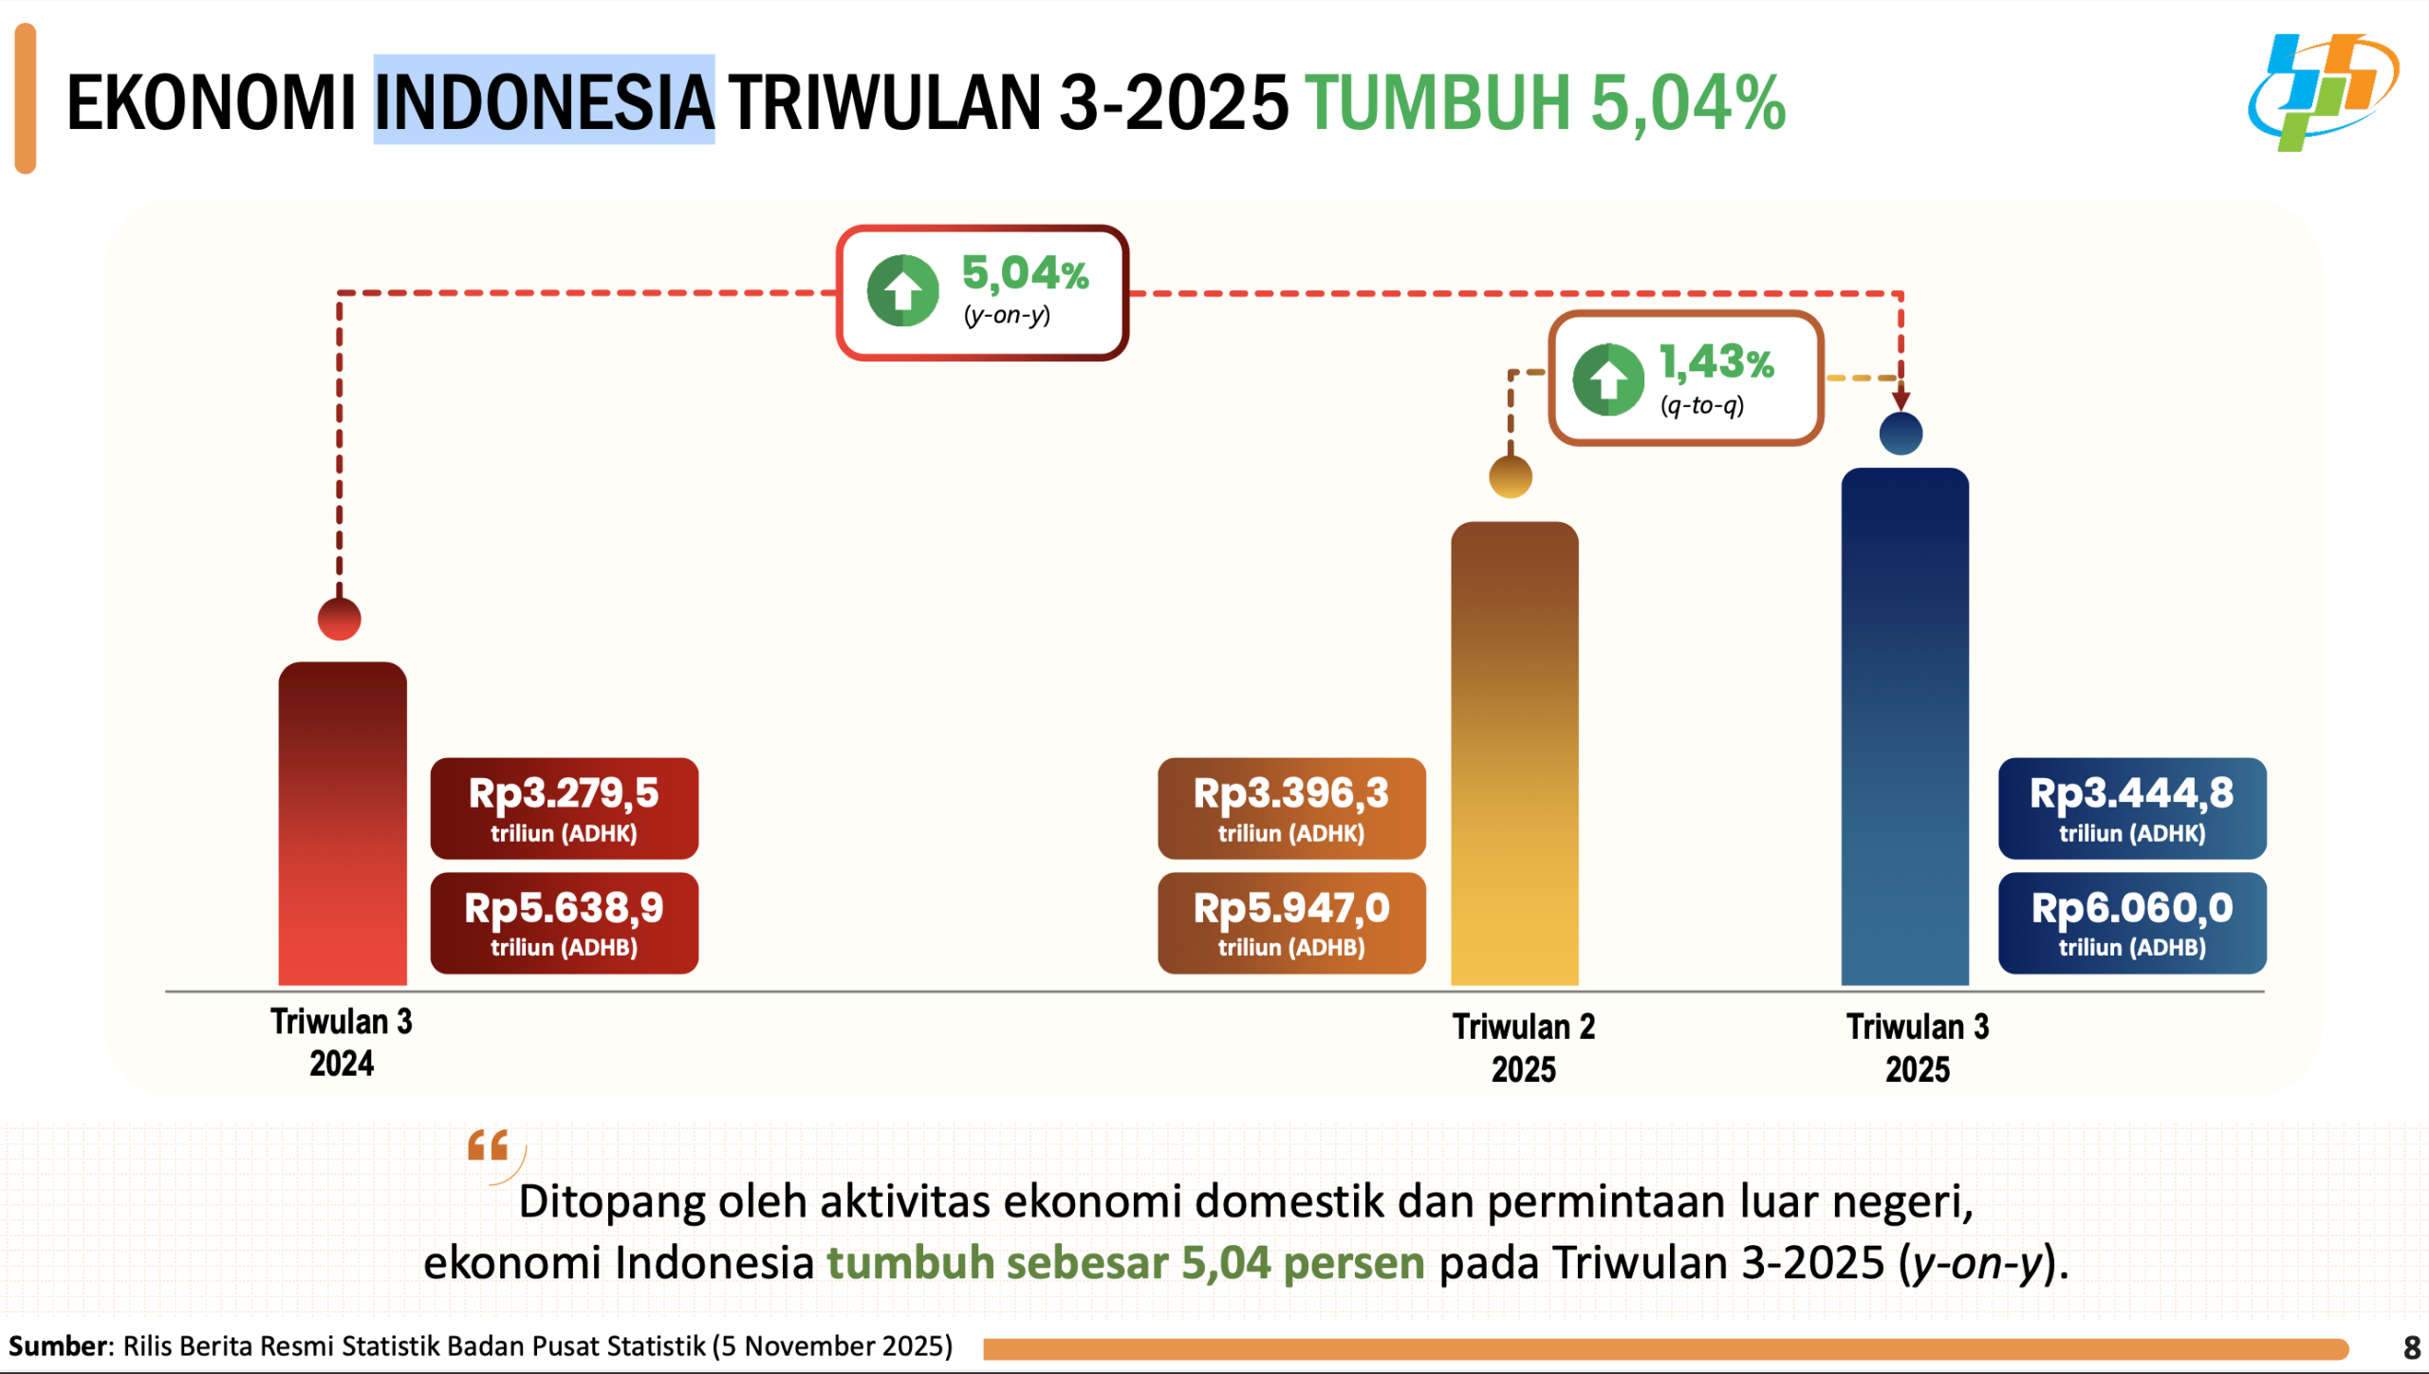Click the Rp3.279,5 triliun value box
[x=565, y=808]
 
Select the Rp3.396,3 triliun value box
[x=1291, y=808]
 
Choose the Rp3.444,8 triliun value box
[x=2132, y=808]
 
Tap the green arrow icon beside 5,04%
[x=902, y=290]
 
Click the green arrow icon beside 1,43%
[x=1608, y=380]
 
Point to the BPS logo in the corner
[x=2323, y=92]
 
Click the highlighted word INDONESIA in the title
[x=544, y=101]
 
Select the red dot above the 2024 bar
[x=340, y=620]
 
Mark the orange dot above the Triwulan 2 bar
[x=1511, y=476]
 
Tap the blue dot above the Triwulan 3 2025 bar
[x=1901, y=434]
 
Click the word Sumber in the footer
[x=59, y=1346]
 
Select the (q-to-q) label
[x=1701, y=406]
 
